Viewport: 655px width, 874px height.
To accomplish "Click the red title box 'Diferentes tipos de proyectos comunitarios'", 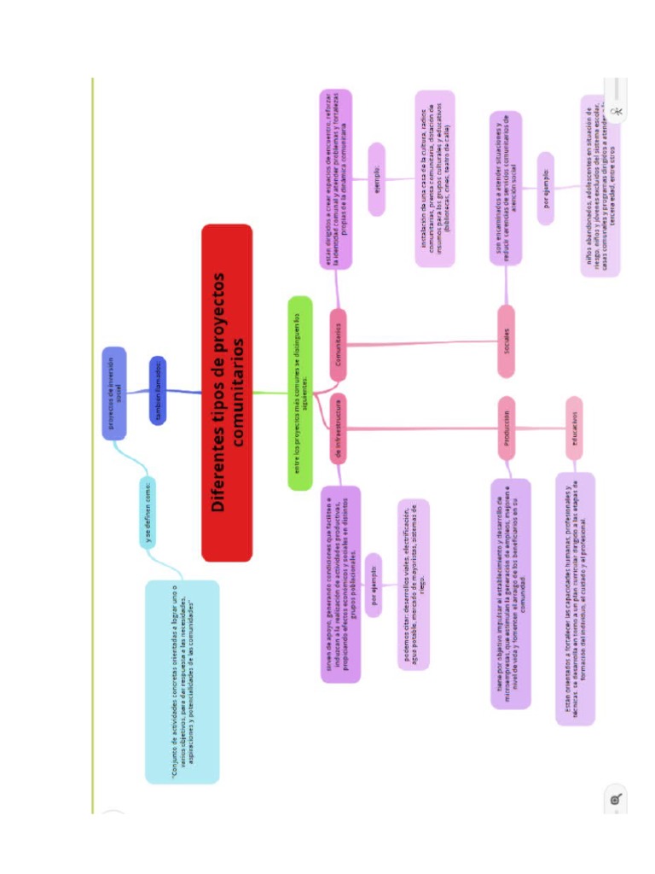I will pyautogui.click(x=227, y=393).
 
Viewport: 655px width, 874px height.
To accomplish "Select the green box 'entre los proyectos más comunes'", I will pyautogui.click(x=300, y=393).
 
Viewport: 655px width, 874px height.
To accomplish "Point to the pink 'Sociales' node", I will pyautogui.click(x=507, y=341).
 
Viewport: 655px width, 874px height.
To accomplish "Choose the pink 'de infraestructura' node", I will pyautogui.click(x=338, y=428).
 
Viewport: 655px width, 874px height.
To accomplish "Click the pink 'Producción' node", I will pyautogui.click(x=507, y=428).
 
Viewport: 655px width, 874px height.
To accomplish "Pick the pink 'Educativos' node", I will pyautogui.click(x=574, y=428).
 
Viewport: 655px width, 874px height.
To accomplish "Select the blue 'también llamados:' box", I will pyautogui.click(x=158, y=390).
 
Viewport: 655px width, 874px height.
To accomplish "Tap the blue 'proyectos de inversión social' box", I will pyautogui.click(x=114, y=393).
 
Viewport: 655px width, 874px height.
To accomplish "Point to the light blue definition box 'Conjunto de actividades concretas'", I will pyautogui.click(x=182, y=681).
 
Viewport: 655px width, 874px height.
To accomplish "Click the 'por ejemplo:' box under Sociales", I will pyautogui.click(x=546, y=189).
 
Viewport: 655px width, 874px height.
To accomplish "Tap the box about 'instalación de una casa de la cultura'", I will pyautogui.click(x=434, y=179).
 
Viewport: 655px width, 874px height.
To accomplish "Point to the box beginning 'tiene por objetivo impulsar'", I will pyautogui.click(x=511, y=594).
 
